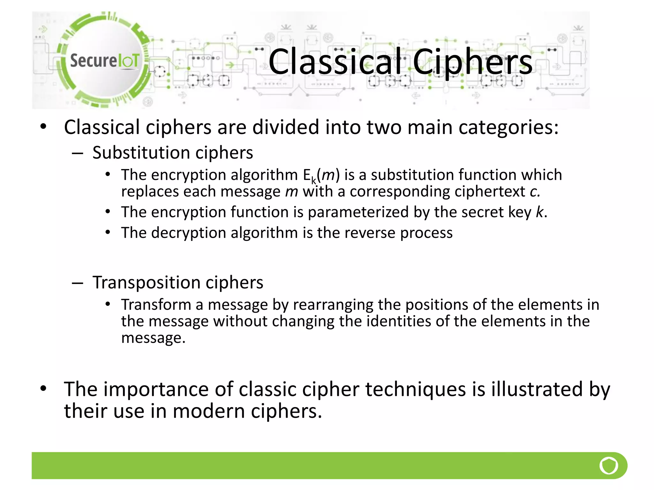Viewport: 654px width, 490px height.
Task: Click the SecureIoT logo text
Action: tap(104, 61)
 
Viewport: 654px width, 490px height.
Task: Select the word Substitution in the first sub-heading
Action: tap(141, 152)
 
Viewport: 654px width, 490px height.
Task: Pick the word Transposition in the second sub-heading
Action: tap(147, 282)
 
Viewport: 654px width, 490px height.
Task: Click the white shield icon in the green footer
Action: tap(609, 465)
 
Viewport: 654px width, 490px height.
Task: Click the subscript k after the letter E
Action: tap(314, 181)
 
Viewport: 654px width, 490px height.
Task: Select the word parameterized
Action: tap(358, 212)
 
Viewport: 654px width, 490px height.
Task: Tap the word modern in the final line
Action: tap(209, 411)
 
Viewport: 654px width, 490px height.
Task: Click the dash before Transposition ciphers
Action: tap(78, 283)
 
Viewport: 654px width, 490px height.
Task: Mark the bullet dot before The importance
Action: tap(43, 389)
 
